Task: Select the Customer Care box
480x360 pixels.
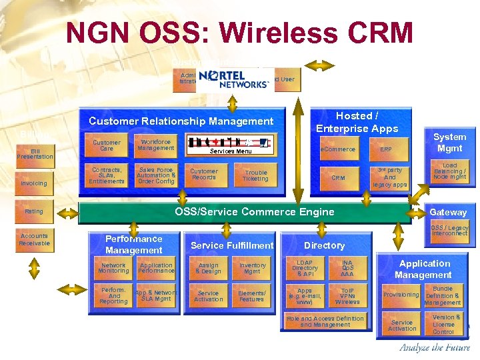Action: (x=107, y=145)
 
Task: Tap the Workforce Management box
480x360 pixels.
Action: (x=155, y=145)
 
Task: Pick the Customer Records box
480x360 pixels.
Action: (x=204, y=174)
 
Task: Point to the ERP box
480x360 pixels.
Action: (x=386, y=149)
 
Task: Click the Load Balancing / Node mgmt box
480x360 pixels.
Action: (x=449, y=171)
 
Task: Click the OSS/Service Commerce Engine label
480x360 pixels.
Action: (x=254, y=212)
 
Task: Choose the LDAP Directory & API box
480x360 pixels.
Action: (x=305, y=269)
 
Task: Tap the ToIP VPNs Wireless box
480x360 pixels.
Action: (x=347, y=296)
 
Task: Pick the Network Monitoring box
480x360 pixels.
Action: (x=113, y=268)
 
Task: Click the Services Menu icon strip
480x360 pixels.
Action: (x=230, y=143)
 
